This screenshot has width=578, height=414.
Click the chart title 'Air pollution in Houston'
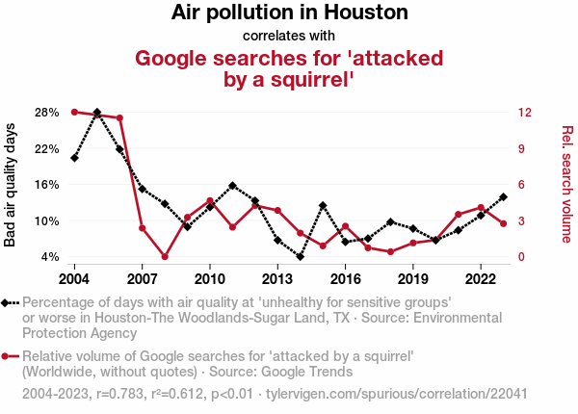tap(289, 13)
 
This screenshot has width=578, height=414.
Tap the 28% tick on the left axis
tap(46, 113)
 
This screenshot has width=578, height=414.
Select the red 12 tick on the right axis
tap(523, 113)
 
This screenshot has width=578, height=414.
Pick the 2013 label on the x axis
tap(277, 279)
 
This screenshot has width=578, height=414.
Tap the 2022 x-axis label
tap(481, 279)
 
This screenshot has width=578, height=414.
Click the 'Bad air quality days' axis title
tap(11, 185)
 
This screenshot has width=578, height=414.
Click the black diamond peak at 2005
tap(97, 113)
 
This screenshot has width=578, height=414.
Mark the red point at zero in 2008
tap(165, 257)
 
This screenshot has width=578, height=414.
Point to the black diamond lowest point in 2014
tap(301, 257)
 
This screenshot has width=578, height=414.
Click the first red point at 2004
tap(74, 113)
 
